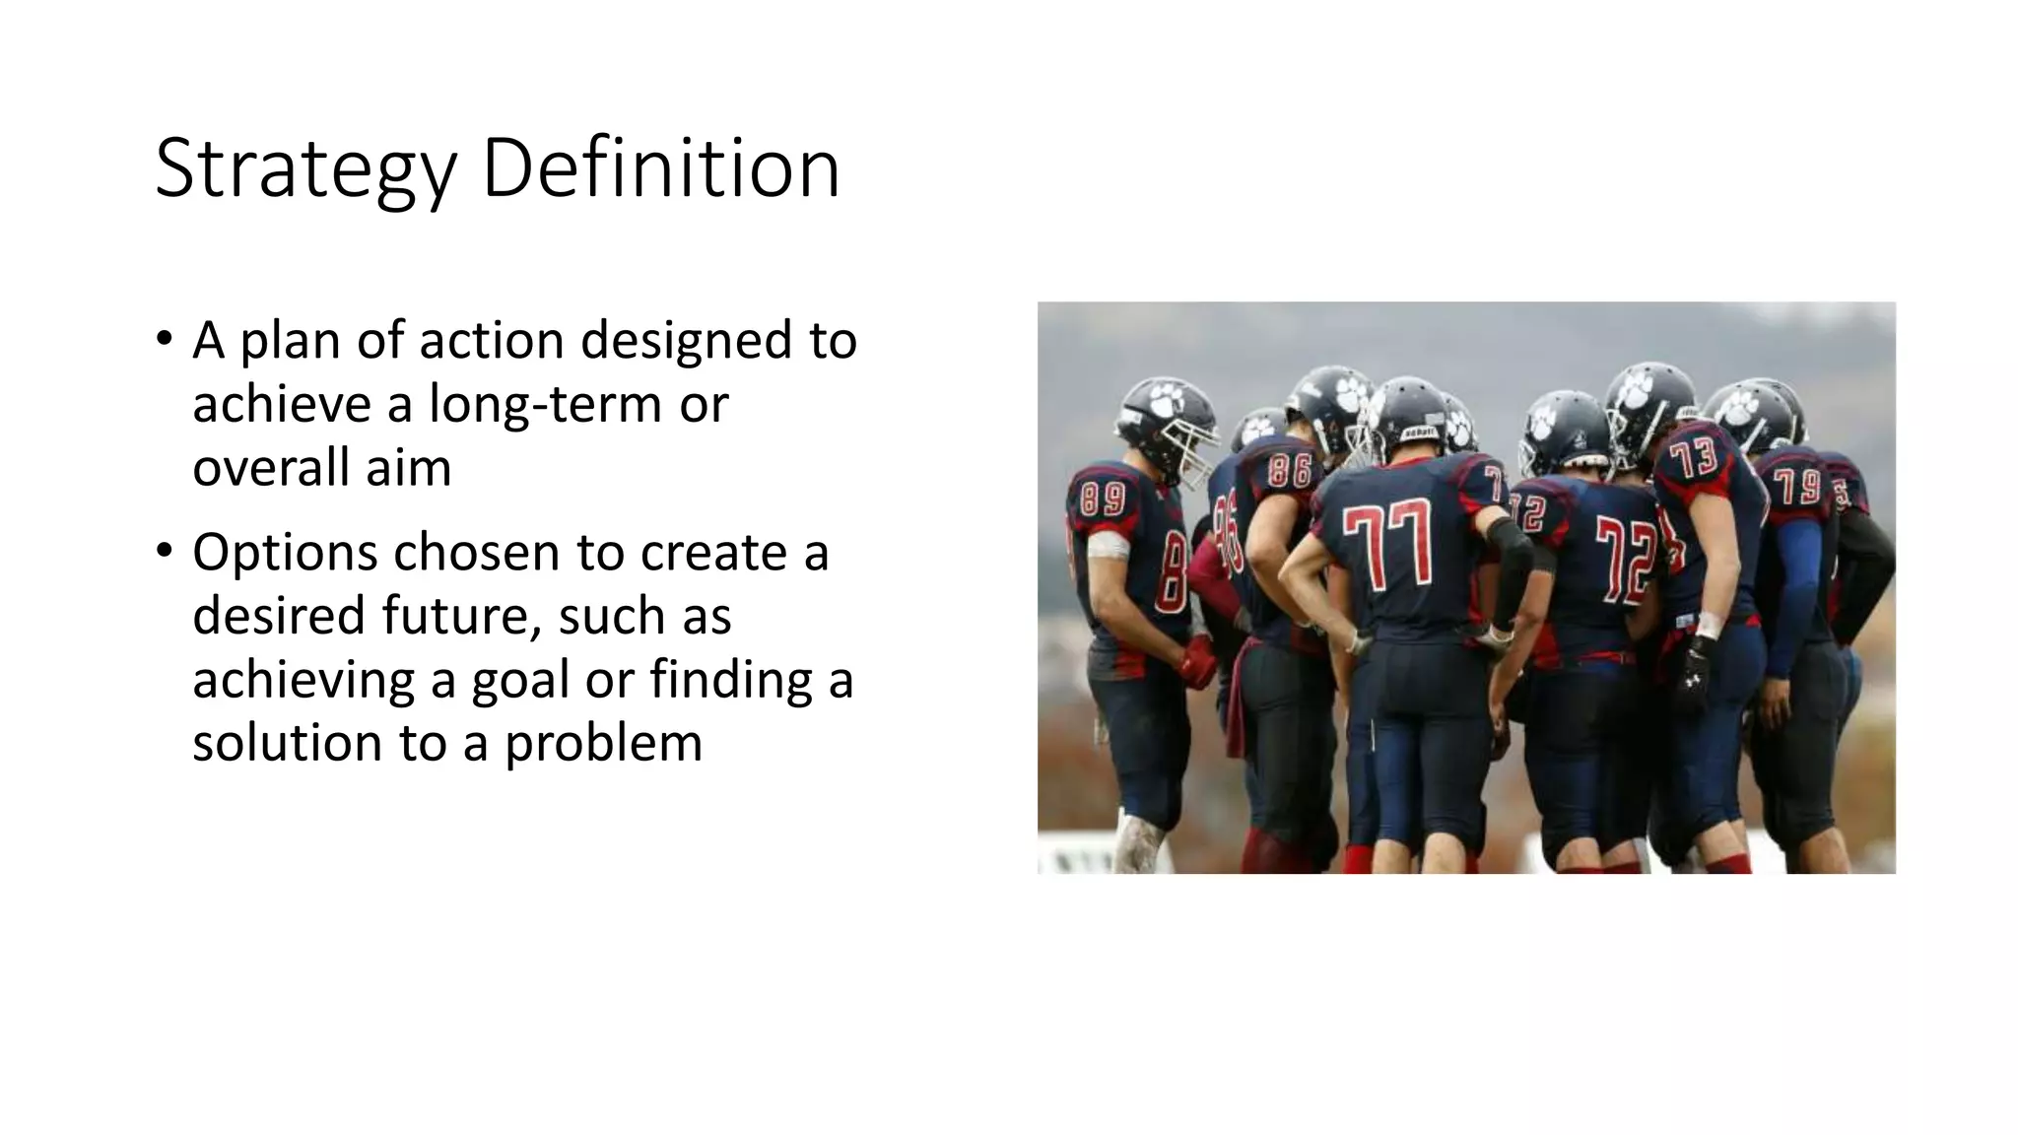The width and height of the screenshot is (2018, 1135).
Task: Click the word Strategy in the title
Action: click(305, 169)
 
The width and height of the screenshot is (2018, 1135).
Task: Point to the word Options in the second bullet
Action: click(285, 553)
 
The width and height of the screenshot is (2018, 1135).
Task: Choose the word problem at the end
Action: click(603, 744)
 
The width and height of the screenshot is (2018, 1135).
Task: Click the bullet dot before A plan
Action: click(164, 339)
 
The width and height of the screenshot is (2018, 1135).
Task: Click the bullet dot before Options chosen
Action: click(164, 551)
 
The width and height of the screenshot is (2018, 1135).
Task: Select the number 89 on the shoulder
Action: click(1103, 498)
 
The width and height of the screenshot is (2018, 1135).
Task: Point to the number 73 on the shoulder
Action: click(1694, 459)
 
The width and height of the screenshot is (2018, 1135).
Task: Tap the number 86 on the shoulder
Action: click(1289, 471)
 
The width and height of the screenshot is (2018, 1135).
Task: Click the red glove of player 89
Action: click(1198, 662)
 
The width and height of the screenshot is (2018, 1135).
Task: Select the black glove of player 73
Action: click(1695, 674)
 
